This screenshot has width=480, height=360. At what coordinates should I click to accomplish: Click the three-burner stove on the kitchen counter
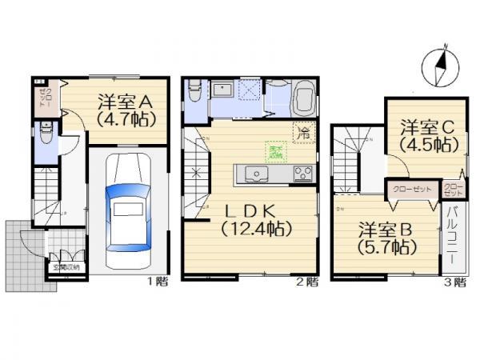point(302,173)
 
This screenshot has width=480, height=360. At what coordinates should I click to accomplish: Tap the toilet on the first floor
point(46,136)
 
